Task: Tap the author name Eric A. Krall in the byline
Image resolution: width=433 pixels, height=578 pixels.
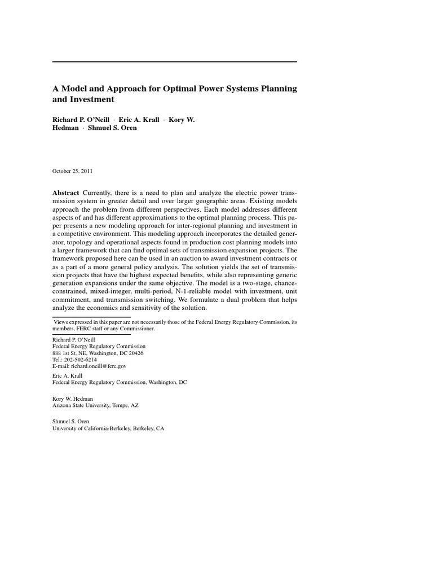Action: (x=139, y=119)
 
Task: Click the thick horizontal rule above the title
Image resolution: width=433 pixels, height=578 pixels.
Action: (x=175, y=62)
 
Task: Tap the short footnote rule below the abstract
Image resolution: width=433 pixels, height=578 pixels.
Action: (x=91, y=317)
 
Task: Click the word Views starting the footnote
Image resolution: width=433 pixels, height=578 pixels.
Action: (x=60, y=322)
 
